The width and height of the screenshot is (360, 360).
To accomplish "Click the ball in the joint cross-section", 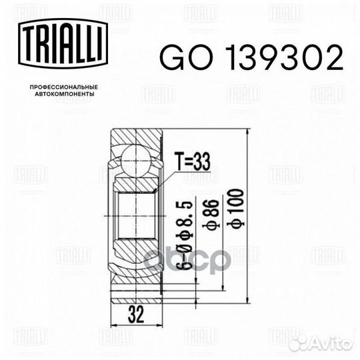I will pyautogui.click(x=137, y=161).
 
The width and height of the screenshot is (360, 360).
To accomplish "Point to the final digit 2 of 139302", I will pyautogui.click(x=333, y=59).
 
